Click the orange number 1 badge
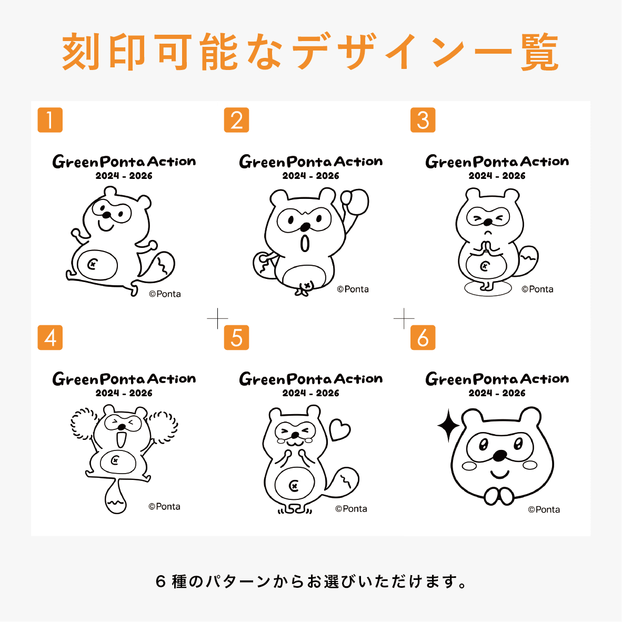click(50, 120)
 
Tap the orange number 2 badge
click(236, 120)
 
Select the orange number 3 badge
click(423, 120)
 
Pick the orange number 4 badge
click(50, 337)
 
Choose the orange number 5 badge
click(236, 337)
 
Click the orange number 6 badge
click(423, 337)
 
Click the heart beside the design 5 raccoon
click(339, 429)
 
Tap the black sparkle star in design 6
click(448, 425)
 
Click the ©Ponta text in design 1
click(165, 294)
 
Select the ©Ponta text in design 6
click(544, 509)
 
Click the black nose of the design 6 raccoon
click(499, 455)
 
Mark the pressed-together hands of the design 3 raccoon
click(487, 247)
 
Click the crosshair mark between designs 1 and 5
click(217, 318)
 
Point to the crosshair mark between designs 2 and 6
click(404, 318)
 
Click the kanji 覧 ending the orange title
click(539, 52)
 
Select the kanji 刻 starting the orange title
click(82, 52)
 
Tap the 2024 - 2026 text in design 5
click(310, 393)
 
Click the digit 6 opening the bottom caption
click(161, 582)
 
